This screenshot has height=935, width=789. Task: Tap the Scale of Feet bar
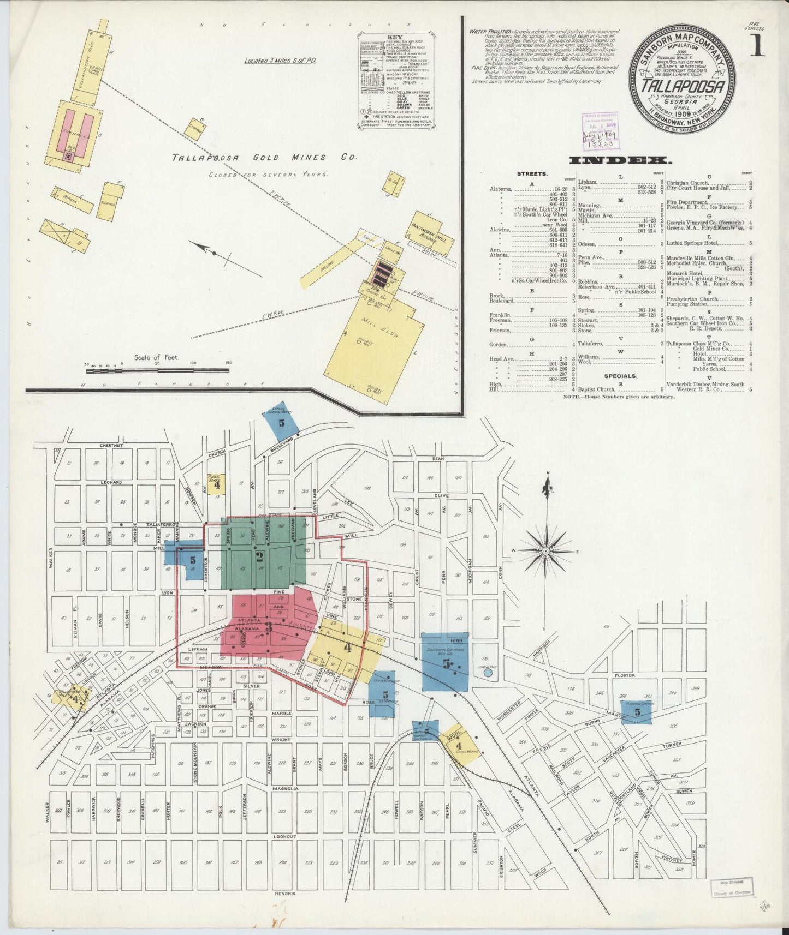pos(158,371)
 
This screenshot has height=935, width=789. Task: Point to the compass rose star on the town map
pos(545,551)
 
